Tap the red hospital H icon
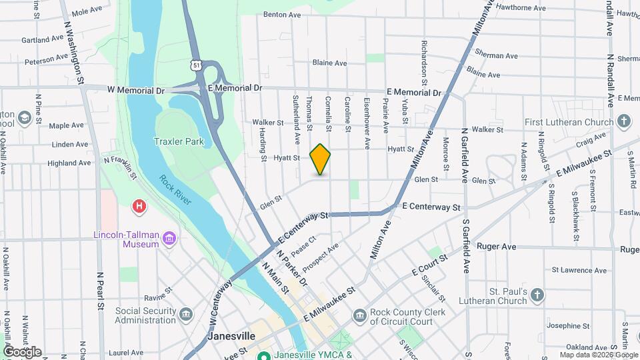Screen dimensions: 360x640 point(139,206)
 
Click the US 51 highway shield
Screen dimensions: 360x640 point(194,65)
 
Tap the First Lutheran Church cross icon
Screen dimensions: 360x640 point(623,122)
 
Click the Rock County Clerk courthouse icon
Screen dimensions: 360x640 point(359,314)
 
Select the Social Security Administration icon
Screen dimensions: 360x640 point(185,314)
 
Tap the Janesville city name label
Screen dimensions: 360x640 point(231,336)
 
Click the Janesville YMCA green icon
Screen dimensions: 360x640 point(264,355)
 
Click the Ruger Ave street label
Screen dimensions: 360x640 point(497,247)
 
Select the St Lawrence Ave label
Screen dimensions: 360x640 point(579,270)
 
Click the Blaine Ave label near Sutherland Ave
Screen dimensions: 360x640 point(329,63)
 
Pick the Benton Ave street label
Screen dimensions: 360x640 point(283,14)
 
